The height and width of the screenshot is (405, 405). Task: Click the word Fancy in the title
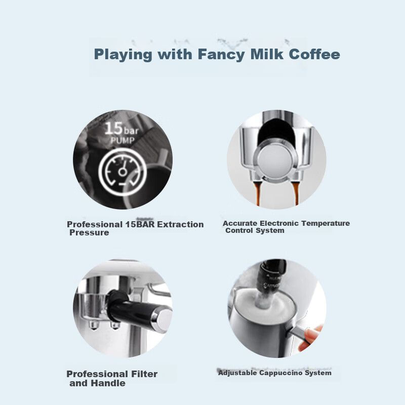[221, 55]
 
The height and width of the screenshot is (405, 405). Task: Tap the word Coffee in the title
[314, 54]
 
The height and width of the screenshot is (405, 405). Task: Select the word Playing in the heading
[123, 55]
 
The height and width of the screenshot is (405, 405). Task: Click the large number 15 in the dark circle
[113, 129]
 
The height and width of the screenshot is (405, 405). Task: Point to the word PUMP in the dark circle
[123, 141]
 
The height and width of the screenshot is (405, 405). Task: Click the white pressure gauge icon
[123, 172]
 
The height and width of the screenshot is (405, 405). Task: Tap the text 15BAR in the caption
[140, 224]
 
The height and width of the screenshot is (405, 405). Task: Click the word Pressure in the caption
[89, 233]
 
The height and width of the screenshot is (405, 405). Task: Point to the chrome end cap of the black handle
[162, 318]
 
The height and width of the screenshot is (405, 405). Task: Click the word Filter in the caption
[144, 374]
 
